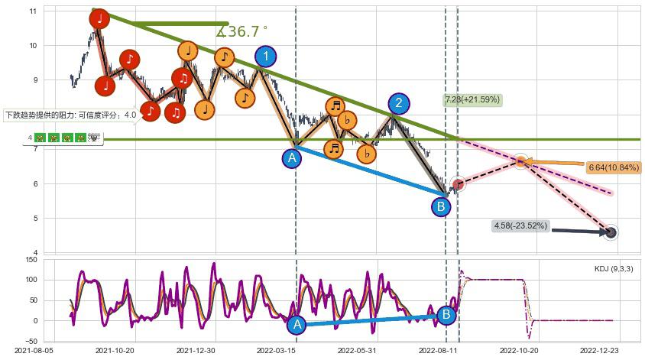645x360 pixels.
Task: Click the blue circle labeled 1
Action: [265, 56]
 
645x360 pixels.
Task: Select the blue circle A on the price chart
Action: [291, 158]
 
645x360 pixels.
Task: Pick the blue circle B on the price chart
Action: [441, 206]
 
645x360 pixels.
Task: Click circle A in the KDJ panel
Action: [297, 325]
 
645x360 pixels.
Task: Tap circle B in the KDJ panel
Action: [446, 314]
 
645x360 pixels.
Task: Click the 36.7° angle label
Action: [242, 32]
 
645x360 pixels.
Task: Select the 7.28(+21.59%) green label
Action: [472, 99]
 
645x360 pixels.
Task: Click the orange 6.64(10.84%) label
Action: [614, 167]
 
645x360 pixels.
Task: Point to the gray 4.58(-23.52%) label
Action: [520, 225]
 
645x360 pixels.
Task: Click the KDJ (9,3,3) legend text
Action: [613, 269]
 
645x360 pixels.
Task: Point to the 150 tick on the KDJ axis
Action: [31, 261]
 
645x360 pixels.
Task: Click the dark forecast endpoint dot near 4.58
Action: [611, 232]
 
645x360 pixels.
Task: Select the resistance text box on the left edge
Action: [70, 115]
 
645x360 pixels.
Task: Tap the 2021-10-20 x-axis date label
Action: [115, 351]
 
